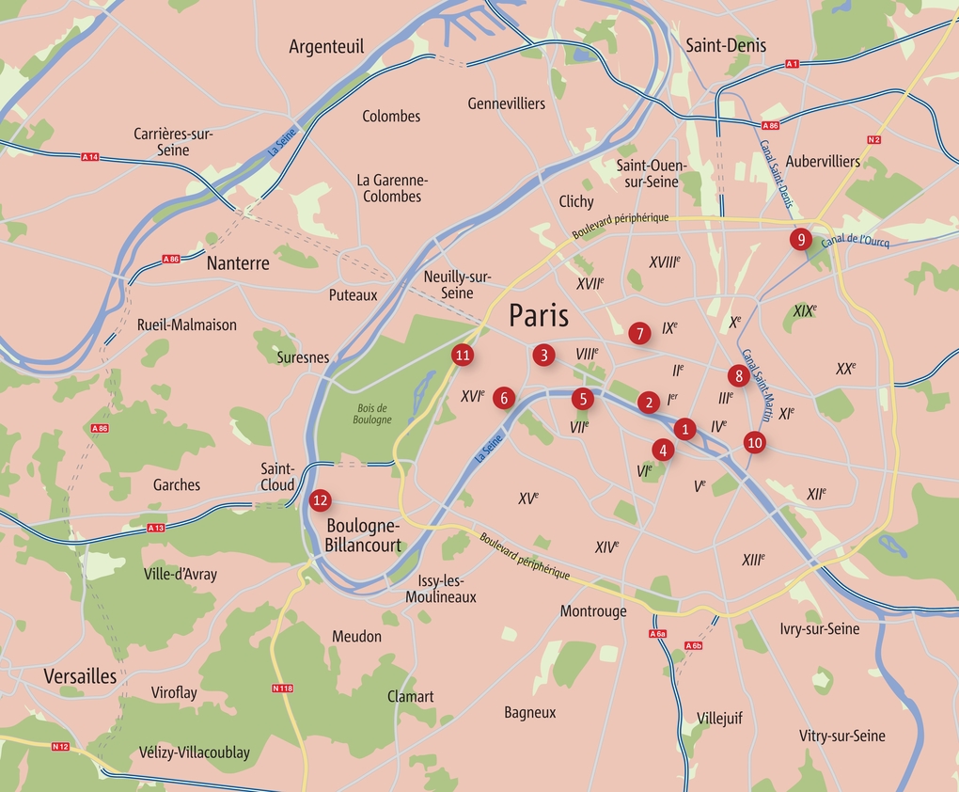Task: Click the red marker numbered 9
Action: (x=800, y=239)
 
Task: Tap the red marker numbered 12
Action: (x=320, y=499)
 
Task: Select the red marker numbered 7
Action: (x=639, y=333)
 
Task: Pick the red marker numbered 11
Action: (x=462, y=355)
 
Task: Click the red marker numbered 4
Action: (x=663, y=450)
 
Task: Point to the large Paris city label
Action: (x=539, y=314)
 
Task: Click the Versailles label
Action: (x=80, y=675)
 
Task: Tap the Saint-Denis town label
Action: (x=726, y=45)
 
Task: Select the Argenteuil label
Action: (x=326, y=46)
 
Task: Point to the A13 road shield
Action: (x=156, y=528)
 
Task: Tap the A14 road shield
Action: (x=90, y=156)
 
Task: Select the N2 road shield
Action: (x=874, y=140)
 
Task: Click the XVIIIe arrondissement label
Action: (x=665, y=261)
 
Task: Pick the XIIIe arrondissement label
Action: (x=753, y=560)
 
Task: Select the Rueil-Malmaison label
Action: (x=187, y=325)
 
